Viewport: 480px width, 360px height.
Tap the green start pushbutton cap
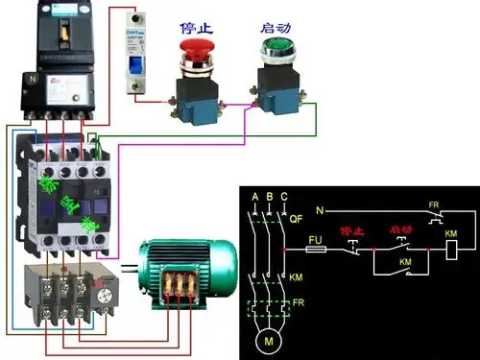point(275,46)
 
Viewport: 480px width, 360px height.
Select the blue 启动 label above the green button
point(275,17)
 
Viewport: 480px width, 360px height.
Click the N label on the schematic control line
point(320,208)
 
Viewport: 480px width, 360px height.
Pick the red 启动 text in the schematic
point(400,231)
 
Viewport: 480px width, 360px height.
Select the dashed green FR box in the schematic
point(270,309)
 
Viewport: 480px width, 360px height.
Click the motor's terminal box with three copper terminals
point(180,287)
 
